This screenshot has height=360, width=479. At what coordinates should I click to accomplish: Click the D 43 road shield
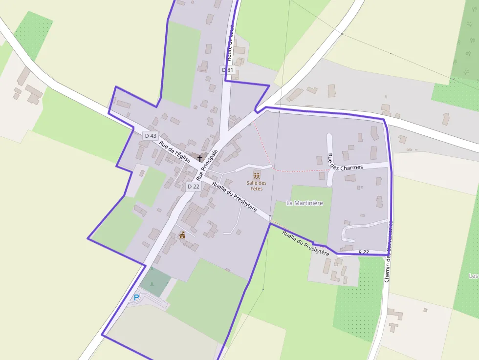pos(151,135)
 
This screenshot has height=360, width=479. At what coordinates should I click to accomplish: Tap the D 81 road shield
pos(228,70)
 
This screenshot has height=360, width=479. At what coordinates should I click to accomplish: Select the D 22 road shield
pos(193,186)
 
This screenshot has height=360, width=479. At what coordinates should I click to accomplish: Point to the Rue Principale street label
pos(207,164)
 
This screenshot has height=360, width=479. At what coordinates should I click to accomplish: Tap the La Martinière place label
pos(305,203)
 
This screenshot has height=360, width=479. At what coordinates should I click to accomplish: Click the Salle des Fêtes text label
pos(257,186)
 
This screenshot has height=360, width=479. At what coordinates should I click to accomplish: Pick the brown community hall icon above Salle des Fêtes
pos(257,175)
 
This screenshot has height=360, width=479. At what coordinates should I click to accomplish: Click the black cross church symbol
pos(199,158)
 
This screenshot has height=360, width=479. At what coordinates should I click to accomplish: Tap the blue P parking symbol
pos(136,296)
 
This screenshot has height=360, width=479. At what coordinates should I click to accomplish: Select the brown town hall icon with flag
pos(182,235)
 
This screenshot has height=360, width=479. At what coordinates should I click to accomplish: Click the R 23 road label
pos(363,252)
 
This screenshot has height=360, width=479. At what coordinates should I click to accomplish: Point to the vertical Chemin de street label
pos(389,252)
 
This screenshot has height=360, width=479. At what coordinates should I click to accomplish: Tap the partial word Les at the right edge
pos(473,276)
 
